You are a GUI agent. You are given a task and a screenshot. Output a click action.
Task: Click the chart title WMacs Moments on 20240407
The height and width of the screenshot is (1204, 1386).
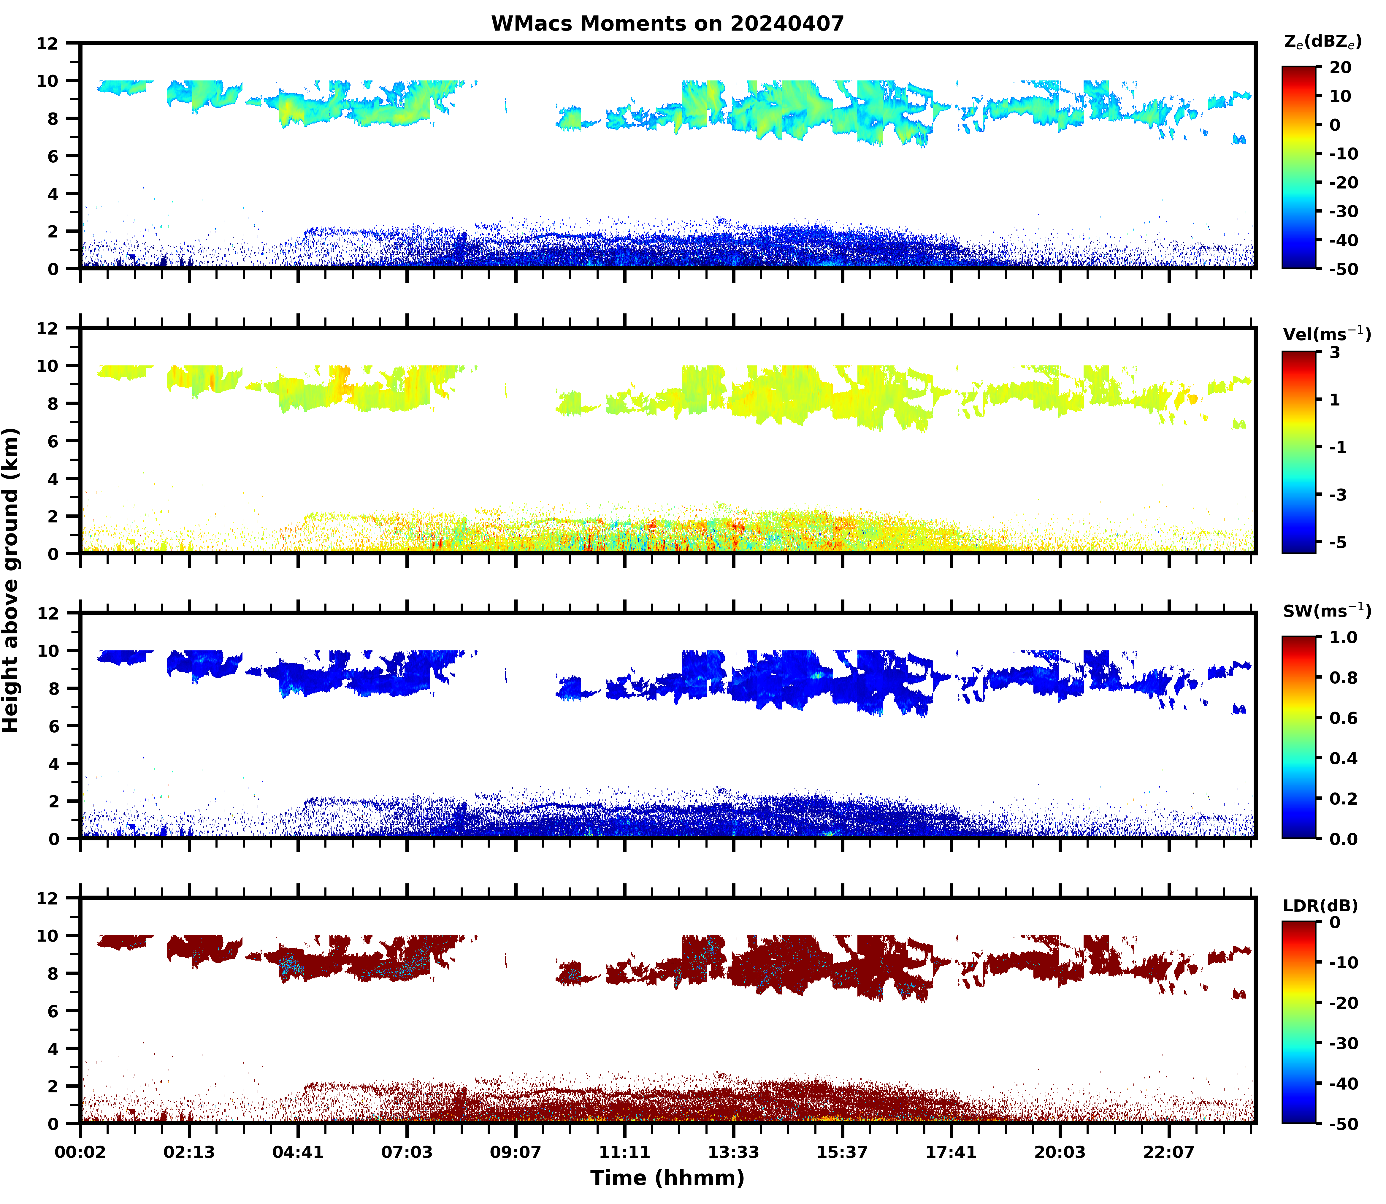coord(667,23)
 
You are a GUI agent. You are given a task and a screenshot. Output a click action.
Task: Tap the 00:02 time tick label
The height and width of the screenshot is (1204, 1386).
coord(81,1152)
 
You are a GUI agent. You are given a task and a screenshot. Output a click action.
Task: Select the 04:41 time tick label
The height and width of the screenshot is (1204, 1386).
coord(298,1152)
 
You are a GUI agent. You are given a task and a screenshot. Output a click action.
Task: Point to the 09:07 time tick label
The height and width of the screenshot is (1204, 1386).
coord(515,1152)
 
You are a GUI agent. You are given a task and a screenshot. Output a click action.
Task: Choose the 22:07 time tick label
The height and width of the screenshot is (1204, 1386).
coord(1169,1152)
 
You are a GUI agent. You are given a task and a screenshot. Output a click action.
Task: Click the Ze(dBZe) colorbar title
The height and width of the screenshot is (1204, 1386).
coord(1322,42)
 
